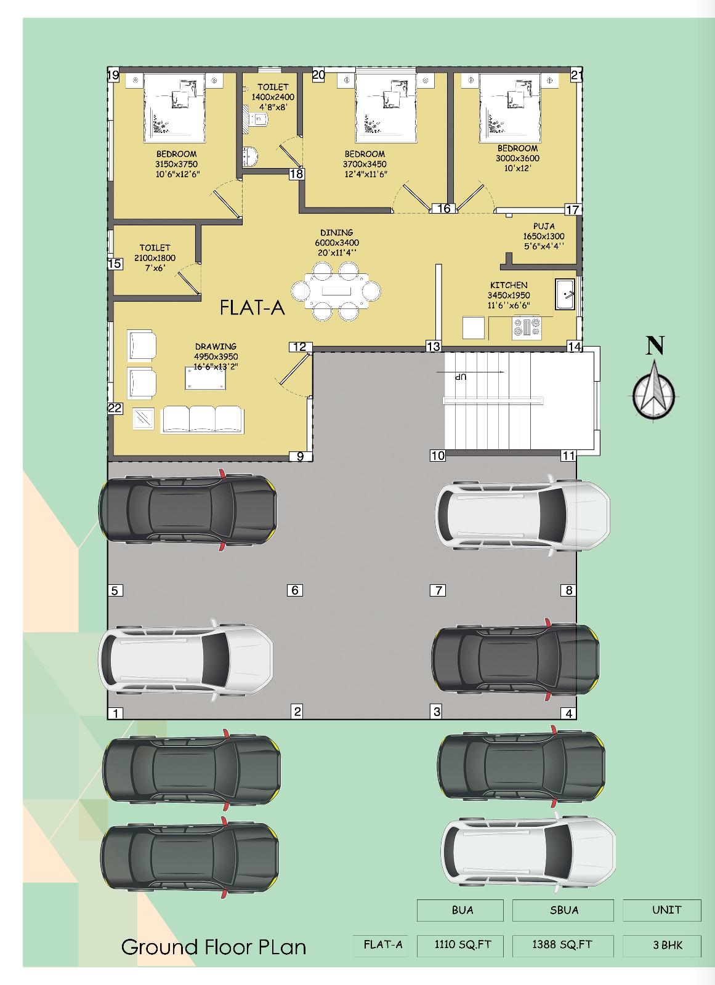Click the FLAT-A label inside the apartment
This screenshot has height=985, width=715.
coord(252,307)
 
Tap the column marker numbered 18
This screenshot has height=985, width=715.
coord(297,174)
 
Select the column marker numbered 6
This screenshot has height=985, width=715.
coord(295,590)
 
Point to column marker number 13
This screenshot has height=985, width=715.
coord(434,347)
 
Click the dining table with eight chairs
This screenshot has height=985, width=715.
coord(336,291)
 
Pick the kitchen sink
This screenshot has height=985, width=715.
coord(565,294)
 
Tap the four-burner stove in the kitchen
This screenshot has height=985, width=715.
coord(527,328)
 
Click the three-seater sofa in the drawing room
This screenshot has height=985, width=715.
coord(203,420)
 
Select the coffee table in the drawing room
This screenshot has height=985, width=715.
coord(206,378)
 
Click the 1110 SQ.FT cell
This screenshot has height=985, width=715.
coord(463,944)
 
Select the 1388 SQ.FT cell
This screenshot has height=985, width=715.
coord(562,944)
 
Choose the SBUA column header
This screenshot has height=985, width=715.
coord(564,910)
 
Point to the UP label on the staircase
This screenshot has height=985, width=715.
coord(460,377)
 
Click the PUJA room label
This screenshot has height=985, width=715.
coord(544,227)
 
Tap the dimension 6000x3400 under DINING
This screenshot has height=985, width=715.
coord(337,243)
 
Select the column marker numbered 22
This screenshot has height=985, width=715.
coord(115,408)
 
